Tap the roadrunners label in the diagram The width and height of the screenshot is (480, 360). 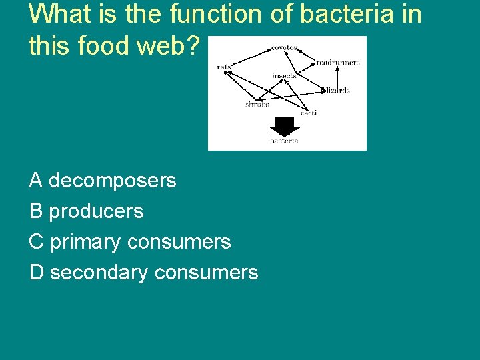click(x=337, y=62)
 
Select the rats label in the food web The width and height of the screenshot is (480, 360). click(x=224, y=67)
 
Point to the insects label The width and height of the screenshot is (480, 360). click(x=284, y=75)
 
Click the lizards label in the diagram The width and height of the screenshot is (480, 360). click(x=338, y=90)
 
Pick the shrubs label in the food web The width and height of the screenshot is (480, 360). click(x=257, y=105)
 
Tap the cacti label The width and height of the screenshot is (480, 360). click(x=308, y=113)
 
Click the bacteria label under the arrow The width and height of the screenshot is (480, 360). click(x=285, y=141)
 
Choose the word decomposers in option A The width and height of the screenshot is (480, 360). click(x=113, y=180)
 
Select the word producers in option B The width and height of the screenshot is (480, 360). click(x=97, y=211)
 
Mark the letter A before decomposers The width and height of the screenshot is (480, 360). click(x=36, y=180)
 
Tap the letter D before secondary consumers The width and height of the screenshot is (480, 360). click(x=37, y=272)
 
